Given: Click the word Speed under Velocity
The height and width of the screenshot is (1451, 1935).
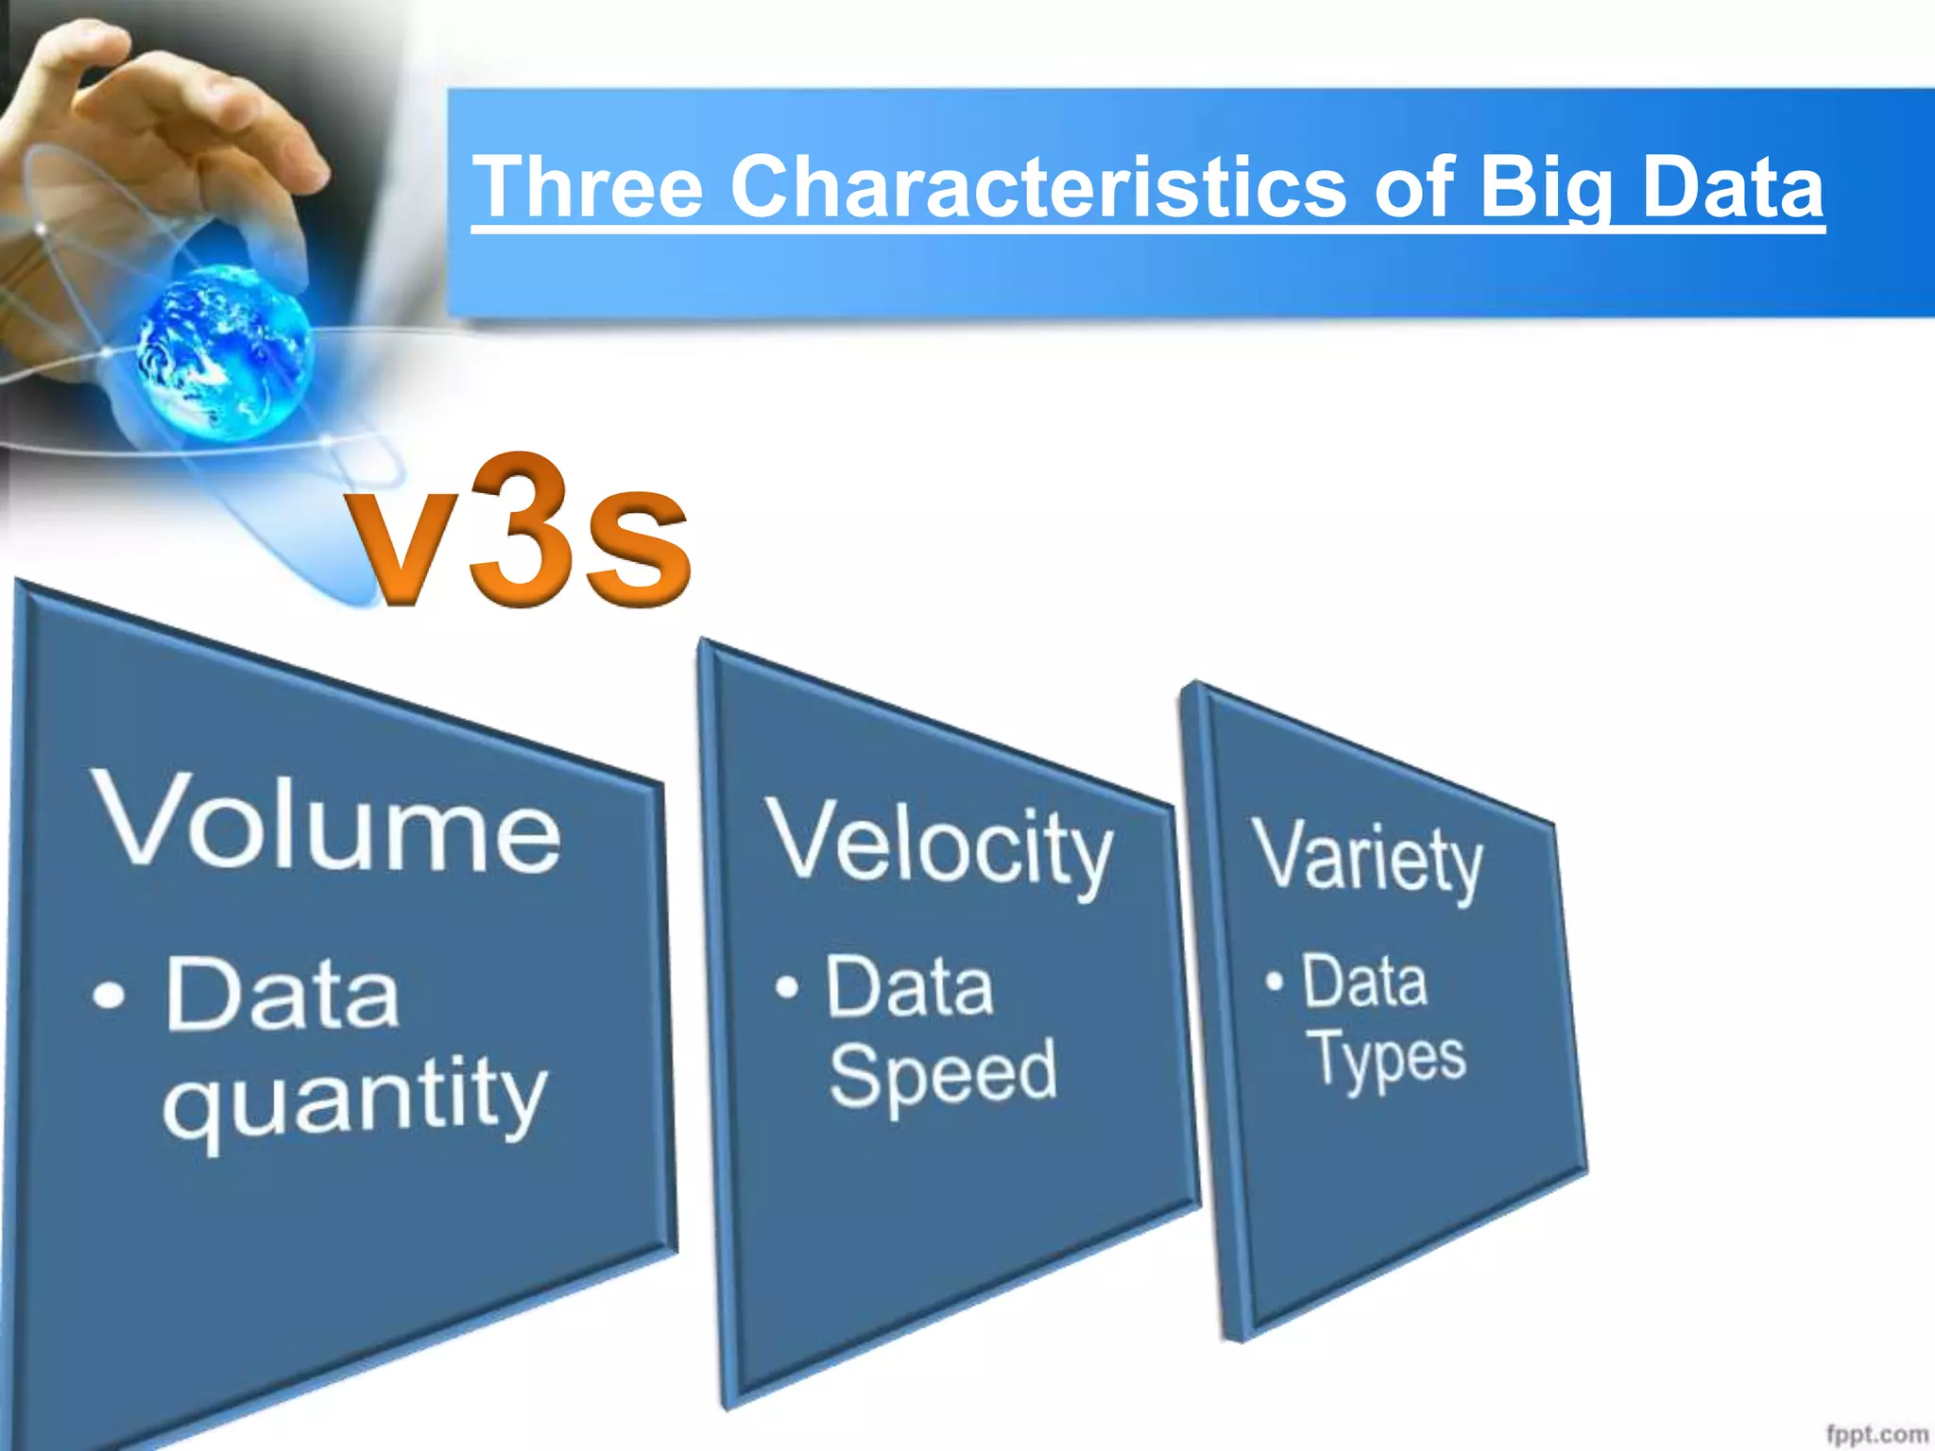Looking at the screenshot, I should coord(942,1074).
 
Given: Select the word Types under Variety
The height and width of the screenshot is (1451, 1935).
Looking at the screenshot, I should coord(1387,1058).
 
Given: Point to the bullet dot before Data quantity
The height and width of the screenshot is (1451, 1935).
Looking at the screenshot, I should coord(110,995).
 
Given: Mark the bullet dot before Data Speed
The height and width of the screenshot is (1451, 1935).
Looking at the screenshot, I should coord(786,987).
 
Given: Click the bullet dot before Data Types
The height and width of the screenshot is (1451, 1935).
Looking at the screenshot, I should coord(1275,981).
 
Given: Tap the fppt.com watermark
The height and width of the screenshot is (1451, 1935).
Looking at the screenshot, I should coord(1875,1434).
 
